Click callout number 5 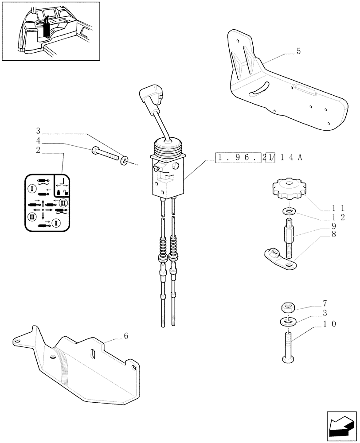click(x=298, y=51)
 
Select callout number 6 click(x=126, y=336)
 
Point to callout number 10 click(x=330, y=324)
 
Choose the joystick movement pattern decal click(x=47, y=202)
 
